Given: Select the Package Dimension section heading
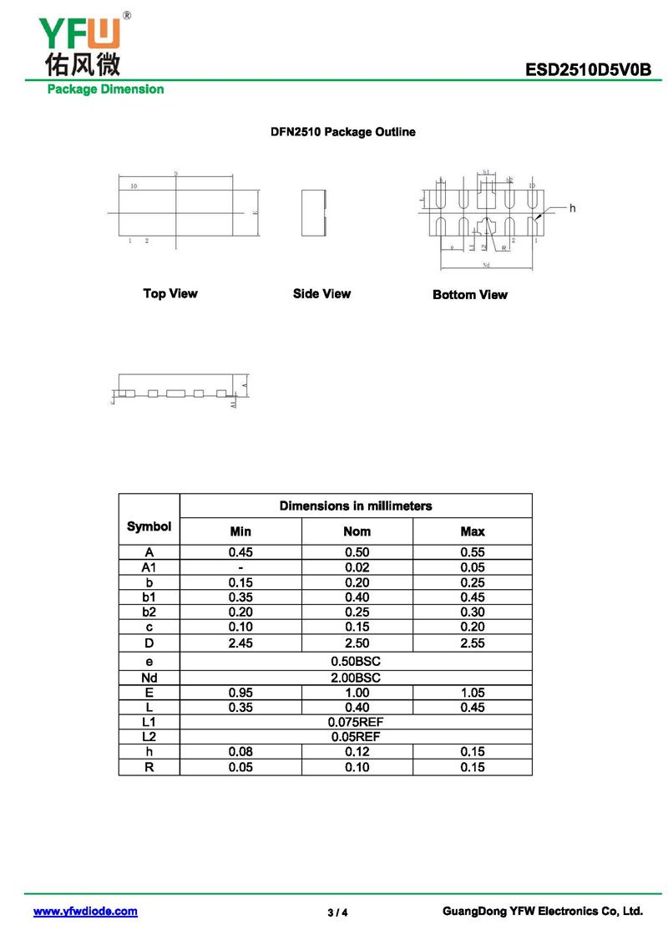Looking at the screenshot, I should tap(105, 89).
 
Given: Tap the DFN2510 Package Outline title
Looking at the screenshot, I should tap(342, 132).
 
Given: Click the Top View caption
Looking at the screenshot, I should tap(170, 293).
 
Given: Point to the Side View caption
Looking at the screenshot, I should tap(321, 293).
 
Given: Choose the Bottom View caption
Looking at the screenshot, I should tap(470, 294).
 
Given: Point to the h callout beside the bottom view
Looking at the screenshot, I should tap(572, 208).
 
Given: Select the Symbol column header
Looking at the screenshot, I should tap(149, 526).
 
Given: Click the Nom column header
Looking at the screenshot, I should tap(357, 531).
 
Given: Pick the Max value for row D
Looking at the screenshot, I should tap(472, 643).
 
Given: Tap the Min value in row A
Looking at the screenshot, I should tap(240, 552).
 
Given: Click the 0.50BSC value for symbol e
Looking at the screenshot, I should tap(356, 661).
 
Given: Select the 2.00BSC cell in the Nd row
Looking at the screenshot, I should tap(356, 678).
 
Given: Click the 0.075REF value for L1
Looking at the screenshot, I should tap(356, 722).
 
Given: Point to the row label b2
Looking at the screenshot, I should tap(149, 612).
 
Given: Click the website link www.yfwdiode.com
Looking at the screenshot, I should tap(85, 912).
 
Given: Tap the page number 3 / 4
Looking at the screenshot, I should tap(337, 912).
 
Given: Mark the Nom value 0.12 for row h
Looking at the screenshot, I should tap(357, 752).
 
